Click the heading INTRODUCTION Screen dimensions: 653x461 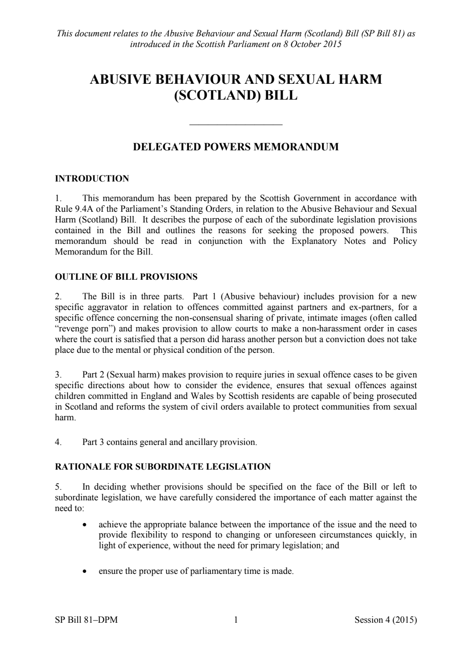[92, 179]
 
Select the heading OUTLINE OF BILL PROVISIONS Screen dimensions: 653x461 [126, 277]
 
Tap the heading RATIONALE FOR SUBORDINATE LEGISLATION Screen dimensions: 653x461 [162, 467]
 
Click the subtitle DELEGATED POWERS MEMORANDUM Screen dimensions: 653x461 [235, 147]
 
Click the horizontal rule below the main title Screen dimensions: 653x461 [236, 124]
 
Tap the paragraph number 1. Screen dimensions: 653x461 [58, 199]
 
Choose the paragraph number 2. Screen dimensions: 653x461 [58, 297]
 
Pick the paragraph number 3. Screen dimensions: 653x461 [58, 375]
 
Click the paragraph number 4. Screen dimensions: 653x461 [58, 442]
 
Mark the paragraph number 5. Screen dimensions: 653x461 [58, 487]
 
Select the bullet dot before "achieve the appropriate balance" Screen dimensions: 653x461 [84, 525]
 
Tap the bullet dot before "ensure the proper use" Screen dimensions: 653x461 [84, 571]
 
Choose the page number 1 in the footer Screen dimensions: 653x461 [236, 620]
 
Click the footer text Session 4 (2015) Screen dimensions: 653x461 [385, 620]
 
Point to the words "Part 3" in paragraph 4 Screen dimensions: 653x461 [93, 442]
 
